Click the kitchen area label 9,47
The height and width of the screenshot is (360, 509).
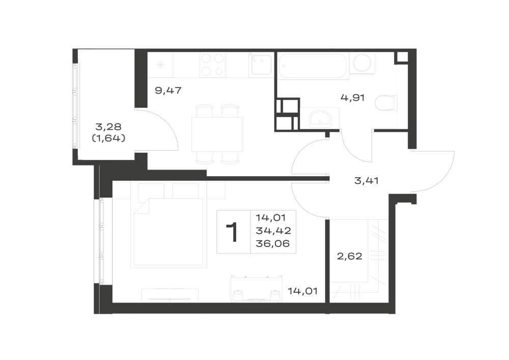[168, 90]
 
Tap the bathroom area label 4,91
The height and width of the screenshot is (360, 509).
[353, 97]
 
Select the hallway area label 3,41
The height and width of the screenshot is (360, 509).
[366, 180]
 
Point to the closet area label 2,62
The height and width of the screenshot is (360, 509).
[350, 257]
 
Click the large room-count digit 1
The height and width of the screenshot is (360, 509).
[233, 232]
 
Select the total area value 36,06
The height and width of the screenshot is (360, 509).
[273, 244]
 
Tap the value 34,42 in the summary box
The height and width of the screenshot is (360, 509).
[273, 231]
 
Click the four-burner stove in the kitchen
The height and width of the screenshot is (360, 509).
[212, 65]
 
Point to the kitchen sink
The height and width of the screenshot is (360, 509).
[260, 65]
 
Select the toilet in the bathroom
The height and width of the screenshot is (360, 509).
[386, 103]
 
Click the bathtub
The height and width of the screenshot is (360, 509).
[313, 66]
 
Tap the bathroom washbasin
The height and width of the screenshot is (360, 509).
[320, 119]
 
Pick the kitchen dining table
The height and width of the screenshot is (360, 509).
[217, 134]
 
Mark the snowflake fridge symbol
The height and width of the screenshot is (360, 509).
[160, 65]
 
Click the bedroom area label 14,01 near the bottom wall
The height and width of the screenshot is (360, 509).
[302, 291]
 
